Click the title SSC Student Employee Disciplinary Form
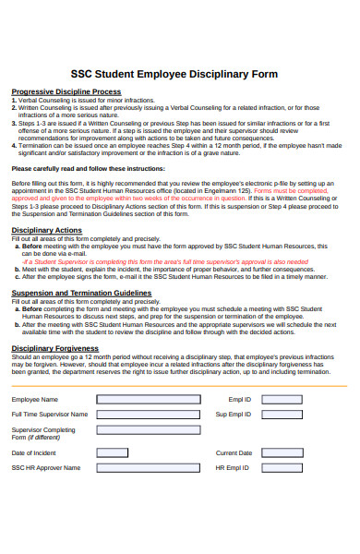point(180,73)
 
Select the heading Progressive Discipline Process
point(66,91)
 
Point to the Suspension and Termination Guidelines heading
point(81,292)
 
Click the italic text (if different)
point(30,438)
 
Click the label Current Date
point(234,453)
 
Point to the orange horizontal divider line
point(180,385)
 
